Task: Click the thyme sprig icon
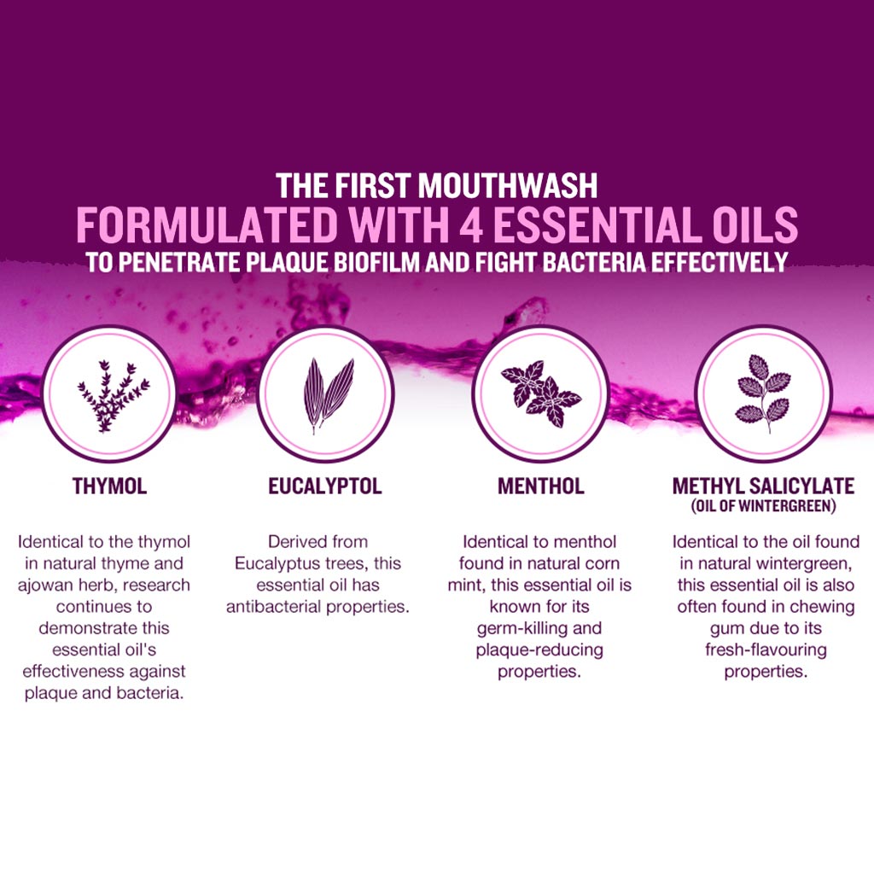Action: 114,396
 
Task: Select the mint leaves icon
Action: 540,393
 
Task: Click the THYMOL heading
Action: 110,486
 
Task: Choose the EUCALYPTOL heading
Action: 325,486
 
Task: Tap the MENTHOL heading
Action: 540,486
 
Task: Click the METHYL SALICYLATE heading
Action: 763,486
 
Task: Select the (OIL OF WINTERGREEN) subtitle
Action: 764,506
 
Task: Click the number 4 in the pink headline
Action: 471,224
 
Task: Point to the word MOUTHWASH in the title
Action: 508,185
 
